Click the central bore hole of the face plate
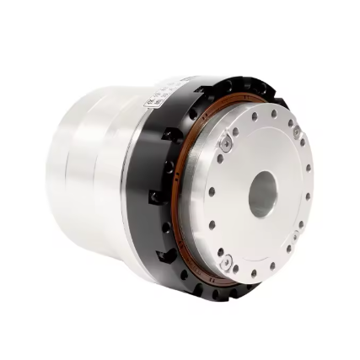(263, 192)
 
